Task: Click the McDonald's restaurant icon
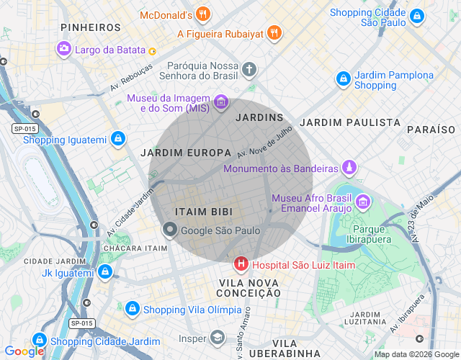pos(203,14)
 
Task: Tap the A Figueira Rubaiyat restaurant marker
pos(274,32)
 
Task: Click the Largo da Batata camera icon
pos(64,49)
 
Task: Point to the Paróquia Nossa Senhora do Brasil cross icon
pos(249,70)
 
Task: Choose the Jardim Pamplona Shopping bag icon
pos(344,78)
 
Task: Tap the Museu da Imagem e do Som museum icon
pos(221,102)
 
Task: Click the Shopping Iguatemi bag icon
pos(117,139)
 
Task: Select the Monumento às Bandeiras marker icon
pos(349,168)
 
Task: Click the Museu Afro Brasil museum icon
pos(364,200)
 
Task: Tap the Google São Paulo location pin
pos(170,230)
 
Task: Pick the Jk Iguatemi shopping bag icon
pos(105,272)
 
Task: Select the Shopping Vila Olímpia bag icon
pos(132,309)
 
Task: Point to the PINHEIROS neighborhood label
pos(91,27)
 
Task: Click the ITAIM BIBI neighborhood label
pos(203,212)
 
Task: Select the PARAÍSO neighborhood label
pos(431,129)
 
